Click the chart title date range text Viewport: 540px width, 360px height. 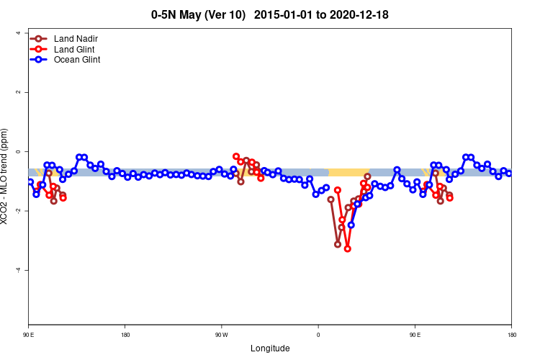tap(330, 14)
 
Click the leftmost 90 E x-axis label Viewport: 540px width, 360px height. tap(29, 335)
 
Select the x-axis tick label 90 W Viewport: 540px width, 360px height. tap(221, 335)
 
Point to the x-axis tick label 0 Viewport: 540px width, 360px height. tap(318, 335)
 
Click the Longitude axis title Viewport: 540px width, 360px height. tap(270, 348)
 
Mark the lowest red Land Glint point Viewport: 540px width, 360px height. tap(348, 248)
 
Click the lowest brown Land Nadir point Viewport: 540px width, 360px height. tap(338, 244)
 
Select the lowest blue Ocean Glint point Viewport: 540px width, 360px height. tap(351, 225)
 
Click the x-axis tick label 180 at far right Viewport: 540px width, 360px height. tap(511, 335)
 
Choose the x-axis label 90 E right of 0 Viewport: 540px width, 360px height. tap(415, 335)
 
